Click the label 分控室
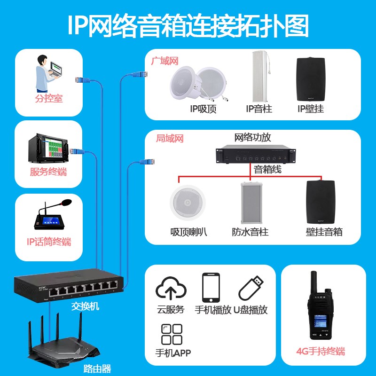(48, 99)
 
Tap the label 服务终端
(48, 172)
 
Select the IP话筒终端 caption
(48, 242)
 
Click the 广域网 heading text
(164, 61)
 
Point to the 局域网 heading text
(170, 139)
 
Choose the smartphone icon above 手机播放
(211, 288)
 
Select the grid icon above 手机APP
(172, 334)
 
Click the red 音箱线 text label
(267, 170)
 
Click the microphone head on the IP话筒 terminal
(66, 203)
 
